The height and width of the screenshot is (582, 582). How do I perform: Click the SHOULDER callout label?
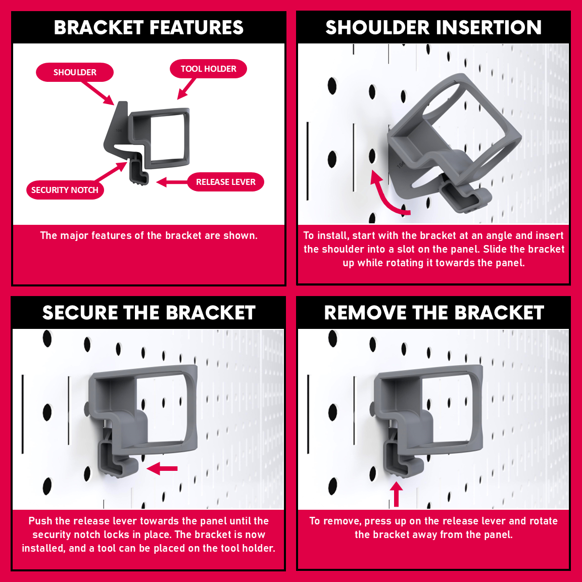(x=75, y=72)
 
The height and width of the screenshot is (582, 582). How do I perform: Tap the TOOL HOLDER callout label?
(x=208, y=69)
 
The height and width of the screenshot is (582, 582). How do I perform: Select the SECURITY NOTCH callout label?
(x=65, y=190)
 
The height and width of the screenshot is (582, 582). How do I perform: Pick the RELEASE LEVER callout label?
(x=226, y=182)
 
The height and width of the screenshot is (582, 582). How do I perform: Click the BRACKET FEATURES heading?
(x=149, y=27)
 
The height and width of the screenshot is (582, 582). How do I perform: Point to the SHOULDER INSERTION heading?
(x=433, y=27)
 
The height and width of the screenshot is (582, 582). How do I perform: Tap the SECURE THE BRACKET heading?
(x=149, y=313)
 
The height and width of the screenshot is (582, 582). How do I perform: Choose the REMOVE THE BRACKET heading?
(x=434, y=313)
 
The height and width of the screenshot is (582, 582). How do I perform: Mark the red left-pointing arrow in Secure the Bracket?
(x=162, y=468)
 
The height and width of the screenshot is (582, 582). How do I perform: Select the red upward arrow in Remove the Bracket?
(x=396, y=494)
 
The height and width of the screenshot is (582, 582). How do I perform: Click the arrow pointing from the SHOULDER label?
(x=98, y=93)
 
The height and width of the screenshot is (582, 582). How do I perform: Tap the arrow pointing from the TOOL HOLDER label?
(x=186, y=88)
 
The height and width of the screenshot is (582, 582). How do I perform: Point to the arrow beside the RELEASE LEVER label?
(x=172, y=182)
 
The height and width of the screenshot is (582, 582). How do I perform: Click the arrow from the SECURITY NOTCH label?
(x=111, y=171)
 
